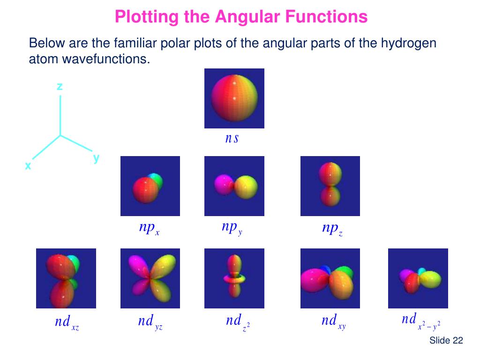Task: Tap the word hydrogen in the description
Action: tap(408, 44)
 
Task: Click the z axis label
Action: tap(60, 86)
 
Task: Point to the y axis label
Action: tap(96, 158)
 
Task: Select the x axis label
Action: tap(28, 166)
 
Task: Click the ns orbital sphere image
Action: tap(234, 98)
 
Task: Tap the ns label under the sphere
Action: tap(232, 138)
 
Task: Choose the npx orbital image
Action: tap(150, 186)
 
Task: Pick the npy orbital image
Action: tap(234, 186)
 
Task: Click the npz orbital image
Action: tap(330, 186)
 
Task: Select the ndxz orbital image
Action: tap(66, 278)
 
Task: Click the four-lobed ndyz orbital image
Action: tap(150, 278)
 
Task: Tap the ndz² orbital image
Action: tap(234, 278)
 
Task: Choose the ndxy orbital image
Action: tap(330, 278)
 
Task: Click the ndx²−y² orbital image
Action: tap(418, 278)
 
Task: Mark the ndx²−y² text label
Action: tap(420, 322)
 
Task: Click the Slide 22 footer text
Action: tap(446, 341)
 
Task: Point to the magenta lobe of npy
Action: tap(222, 184)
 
